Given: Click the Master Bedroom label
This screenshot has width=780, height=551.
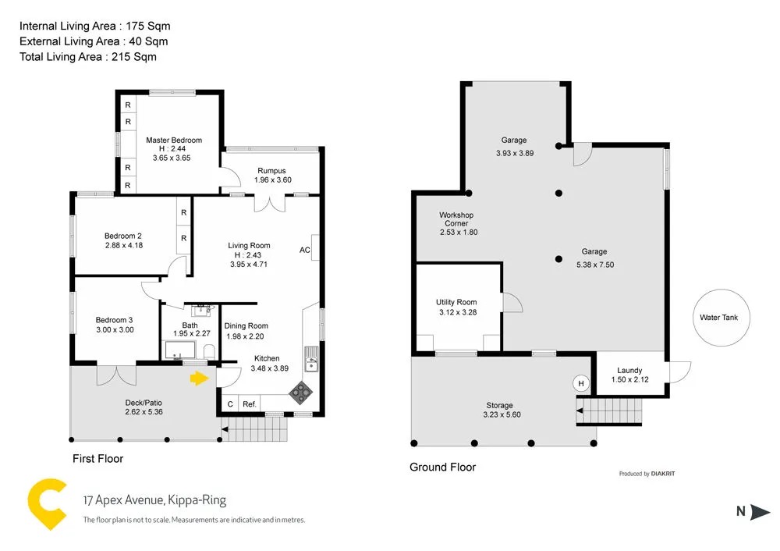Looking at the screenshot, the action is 174,140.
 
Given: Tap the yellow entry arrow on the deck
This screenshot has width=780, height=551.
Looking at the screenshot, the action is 199,379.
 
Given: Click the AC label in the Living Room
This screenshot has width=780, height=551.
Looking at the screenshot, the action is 305,250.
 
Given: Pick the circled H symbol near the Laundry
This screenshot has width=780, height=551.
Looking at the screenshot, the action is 581,383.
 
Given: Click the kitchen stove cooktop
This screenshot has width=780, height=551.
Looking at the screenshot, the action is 301,393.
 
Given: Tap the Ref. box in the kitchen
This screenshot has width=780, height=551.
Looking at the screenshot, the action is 250,403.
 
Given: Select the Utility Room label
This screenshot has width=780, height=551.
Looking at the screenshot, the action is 456,302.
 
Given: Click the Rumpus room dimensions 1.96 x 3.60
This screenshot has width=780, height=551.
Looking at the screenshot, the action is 272,180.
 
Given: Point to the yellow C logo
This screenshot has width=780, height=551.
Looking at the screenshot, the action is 46,504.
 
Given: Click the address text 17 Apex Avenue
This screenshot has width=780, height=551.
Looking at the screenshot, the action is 124,499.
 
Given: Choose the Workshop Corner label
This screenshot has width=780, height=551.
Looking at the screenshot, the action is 456,219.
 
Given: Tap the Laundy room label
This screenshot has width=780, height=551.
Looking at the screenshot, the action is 629,370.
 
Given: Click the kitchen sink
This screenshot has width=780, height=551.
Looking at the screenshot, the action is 311,358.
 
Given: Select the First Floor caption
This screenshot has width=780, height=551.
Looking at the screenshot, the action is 98,458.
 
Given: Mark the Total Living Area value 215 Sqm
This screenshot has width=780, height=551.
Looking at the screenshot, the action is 134,57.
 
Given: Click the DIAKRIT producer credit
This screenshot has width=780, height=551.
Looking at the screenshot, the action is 663,474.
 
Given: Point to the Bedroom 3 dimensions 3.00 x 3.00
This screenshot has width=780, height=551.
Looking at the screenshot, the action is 115,329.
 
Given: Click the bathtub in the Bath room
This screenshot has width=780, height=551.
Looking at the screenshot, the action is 181,350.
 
